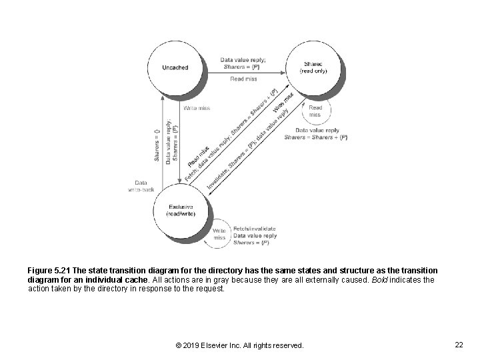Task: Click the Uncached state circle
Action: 176,67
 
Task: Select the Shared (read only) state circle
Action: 313,67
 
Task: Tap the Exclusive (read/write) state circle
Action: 179,210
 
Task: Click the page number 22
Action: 458,345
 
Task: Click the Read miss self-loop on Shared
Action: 315,111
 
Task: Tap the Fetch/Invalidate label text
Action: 254,229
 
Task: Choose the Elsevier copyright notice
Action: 239,345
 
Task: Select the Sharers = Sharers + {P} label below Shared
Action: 315,137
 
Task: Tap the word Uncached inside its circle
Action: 175,67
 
